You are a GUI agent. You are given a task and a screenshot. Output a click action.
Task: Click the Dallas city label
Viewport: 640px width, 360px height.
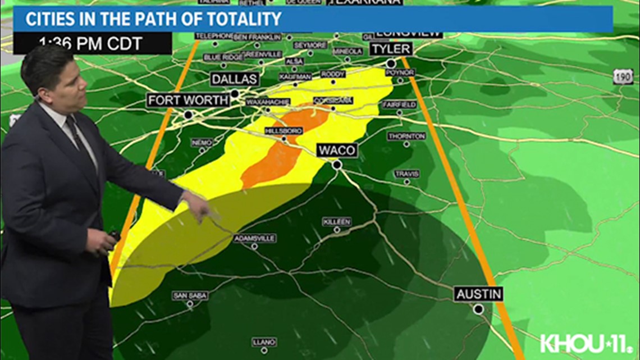(x=235, y=79)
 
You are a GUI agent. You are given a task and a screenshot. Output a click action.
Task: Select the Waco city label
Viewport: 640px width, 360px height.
(x=336, y=150)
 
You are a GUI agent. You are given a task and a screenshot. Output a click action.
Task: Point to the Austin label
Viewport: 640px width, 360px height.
(x=478, y=294)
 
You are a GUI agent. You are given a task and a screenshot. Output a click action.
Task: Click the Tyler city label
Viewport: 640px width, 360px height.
(x=390, y=49)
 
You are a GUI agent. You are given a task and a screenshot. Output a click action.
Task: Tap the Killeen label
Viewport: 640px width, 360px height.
(x=337, y=222)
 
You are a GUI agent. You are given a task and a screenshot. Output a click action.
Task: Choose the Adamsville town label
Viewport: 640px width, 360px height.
(x=255, y=239)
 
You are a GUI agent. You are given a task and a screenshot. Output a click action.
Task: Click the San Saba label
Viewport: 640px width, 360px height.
(x=190, y=295)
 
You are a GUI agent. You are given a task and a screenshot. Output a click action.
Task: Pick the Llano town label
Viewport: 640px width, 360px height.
(x=264, y=341)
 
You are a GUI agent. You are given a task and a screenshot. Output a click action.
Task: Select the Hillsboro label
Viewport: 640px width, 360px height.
(x=284, y=130)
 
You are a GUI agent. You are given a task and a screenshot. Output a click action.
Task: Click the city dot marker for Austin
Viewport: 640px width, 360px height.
(x=478, y=309)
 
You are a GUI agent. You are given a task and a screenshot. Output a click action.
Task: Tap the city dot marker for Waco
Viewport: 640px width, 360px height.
(x=337, y=165)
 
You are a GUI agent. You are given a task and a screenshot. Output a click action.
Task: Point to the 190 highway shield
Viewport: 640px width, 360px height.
(x=623, y=77)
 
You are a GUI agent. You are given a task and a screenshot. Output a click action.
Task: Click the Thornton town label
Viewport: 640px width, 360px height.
(x=406, y=136)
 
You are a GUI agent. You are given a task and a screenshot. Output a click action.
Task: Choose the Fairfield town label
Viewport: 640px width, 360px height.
(x=399, y=104)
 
